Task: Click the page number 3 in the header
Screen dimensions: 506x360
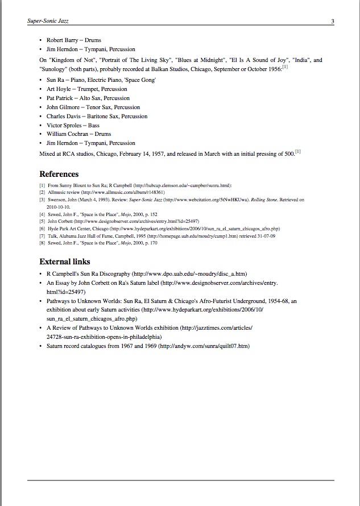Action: pos(332,22)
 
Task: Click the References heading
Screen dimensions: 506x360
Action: pos(59,174)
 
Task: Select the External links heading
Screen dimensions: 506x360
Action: pos(64,262)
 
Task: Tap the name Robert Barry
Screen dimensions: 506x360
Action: pos(63,41)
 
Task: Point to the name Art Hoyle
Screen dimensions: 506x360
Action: pos(59,89)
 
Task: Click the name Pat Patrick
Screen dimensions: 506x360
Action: pos(61,98)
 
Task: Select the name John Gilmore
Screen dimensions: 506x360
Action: pos(62,107)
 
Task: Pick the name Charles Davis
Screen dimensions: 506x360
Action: pos(64,116)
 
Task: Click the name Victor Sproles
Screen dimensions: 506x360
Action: pos(64,125)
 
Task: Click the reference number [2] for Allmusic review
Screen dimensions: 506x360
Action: pos(42,193)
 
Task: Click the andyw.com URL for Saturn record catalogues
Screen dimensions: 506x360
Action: pos(204,346)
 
